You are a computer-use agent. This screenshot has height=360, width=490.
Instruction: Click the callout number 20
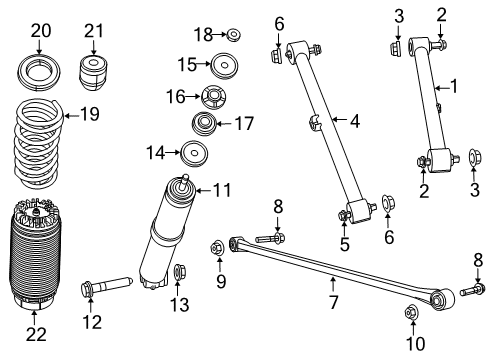[40, 31]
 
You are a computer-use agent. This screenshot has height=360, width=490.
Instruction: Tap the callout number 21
[94, 31]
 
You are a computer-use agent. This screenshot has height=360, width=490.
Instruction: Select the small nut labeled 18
[233, 36]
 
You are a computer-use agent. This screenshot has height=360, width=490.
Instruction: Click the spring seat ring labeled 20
[40, 73]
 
